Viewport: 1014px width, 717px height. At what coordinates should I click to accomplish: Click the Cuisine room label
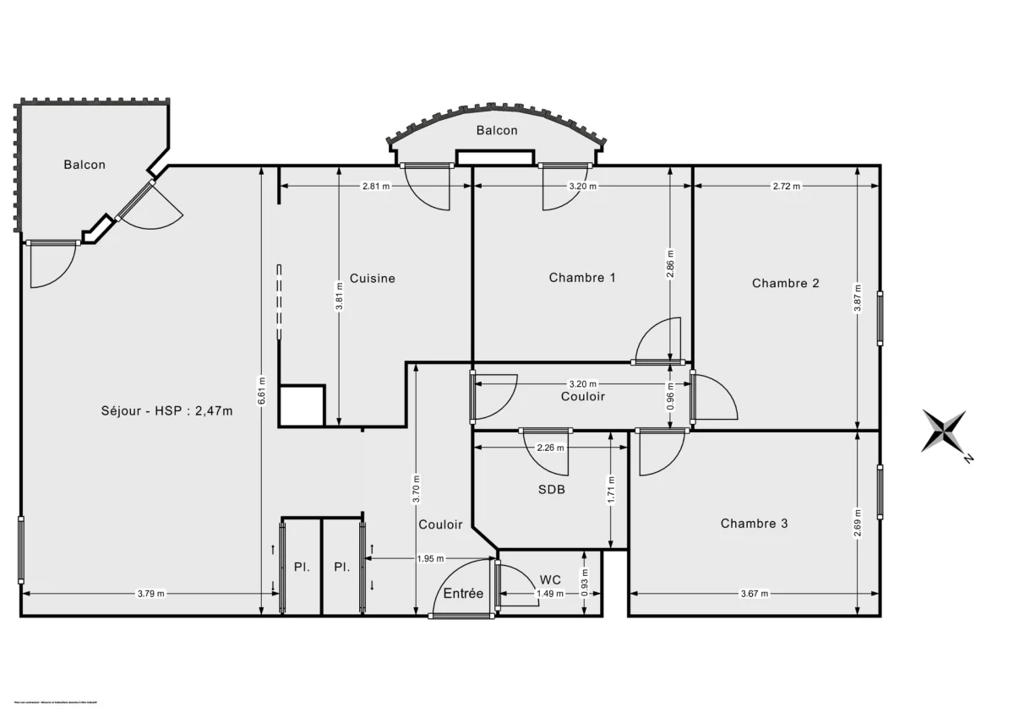point(372,278)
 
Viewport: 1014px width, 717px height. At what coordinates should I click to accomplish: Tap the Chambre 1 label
point(582,277)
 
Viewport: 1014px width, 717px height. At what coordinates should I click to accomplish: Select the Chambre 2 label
point(785,283)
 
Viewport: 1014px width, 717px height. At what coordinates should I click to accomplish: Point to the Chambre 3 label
point(754,524)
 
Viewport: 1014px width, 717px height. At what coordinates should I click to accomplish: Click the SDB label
point(552,489)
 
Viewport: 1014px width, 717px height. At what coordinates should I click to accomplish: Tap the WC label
point(549,579)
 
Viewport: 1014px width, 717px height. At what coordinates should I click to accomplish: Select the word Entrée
point(463,594)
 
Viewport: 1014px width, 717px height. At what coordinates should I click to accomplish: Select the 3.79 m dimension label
point(151,594)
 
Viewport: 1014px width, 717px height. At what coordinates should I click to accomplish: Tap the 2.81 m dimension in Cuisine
point(375,187)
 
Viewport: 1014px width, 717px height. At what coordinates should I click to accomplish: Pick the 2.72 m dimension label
point(786,187)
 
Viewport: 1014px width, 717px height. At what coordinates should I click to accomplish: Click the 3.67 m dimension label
point(754,594)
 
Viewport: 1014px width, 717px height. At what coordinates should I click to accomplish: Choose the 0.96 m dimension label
point(670,397)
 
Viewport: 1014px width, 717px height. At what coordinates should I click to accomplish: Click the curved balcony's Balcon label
point(497,130)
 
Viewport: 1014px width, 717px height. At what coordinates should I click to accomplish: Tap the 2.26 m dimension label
point(551,448)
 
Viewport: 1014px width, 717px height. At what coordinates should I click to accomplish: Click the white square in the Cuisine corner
point(302,406)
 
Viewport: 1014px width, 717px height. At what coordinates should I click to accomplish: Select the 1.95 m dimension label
point(431,558)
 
